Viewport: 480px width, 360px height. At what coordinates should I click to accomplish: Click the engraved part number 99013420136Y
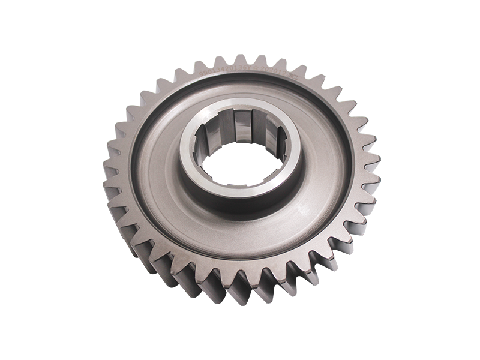point(226,70)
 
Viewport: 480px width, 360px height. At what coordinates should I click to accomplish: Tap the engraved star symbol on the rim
point(256,68)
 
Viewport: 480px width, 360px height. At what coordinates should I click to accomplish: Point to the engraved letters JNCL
point(292,76)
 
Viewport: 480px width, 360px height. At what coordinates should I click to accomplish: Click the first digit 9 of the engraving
point(200,73)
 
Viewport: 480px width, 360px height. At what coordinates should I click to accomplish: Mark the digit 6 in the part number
point(245,68)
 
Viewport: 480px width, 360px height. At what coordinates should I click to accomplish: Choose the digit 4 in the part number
point(223,69)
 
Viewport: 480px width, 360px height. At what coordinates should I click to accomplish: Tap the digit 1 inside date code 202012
point(280,72)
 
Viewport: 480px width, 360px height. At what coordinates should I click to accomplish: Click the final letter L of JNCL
point(297,77)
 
